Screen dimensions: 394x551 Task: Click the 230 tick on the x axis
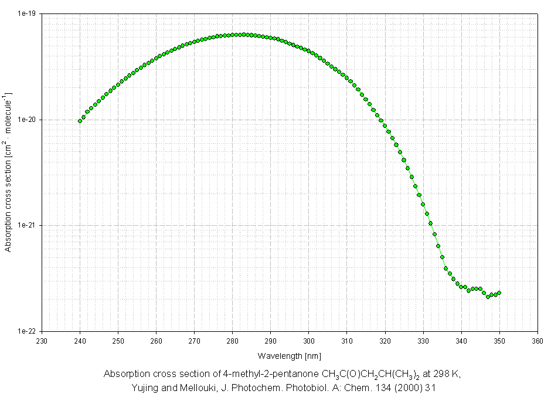point(42,340)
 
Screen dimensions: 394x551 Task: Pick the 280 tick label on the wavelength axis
point(232,340)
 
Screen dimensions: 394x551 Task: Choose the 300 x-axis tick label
point(308,340)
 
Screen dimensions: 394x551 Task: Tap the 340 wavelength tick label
point(461,340)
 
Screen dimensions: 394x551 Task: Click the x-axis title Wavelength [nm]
point(289,356)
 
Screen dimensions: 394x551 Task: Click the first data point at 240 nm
point(80,121)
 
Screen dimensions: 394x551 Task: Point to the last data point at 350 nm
point(499,293)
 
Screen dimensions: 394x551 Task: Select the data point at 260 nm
point(156,58)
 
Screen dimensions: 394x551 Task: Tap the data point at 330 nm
point(423,204)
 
